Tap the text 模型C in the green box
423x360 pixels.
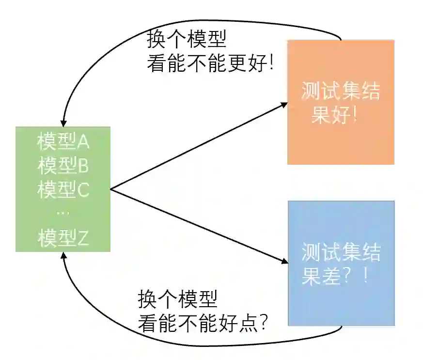click(x=63, y=189)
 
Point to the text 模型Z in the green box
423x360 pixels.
click(x=63, y=238)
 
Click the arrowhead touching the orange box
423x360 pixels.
click(x=283, y=103)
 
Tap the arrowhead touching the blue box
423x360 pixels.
click(x=283, y=261)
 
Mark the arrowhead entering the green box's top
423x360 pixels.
click(x=63, y=123)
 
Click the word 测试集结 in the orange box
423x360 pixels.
click(x=341, y=92)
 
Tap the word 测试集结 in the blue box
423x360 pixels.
click(x=341, y=252)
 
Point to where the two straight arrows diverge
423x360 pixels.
click(x=111, y=189)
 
